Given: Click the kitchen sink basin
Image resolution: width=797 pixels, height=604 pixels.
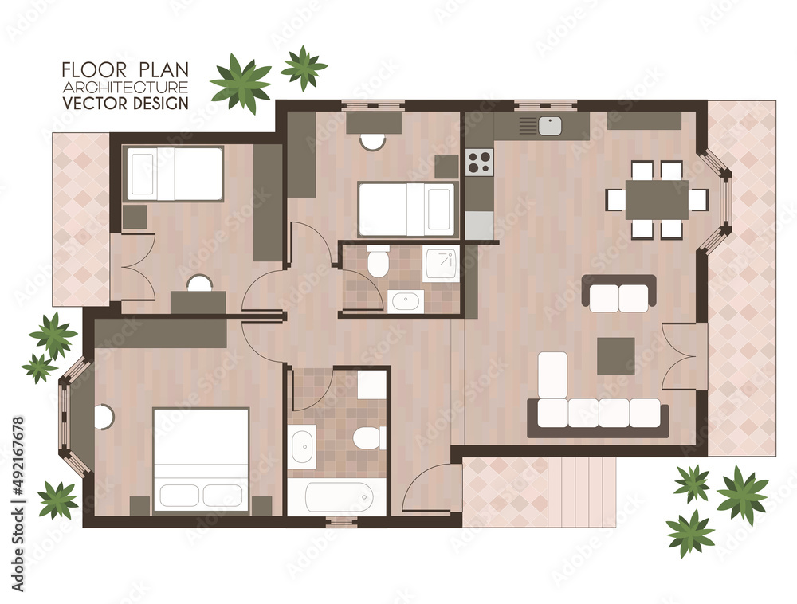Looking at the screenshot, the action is [x=550, y=126].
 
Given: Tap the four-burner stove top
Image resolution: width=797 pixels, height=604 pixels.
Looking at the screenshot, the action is [x=479, y=162].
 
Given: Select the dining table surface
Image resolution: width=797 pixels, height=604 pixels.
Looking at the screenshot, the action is [x=657, y=199].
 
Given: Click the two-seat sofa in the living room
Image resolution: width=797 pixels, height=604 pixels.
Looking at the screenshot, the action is [x=618, y=293].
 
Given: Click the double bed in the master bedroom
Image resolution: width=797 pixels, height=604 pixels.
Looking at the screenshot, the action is [x=201, y=459].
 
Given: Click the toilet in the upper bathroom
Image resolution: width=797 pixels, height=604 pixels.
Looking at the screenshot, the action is [x=378, y=261].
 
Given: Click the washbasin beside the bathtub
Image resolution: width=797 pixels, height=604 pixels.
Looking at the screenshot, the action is [x=303, y=447].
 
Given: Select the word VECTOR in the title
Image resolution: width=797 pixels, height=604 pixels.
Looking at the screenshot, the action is [x=95, y=103].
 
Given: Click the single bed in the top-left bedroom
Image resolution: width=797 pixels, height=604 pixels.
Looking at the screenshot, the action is [x=175, y=173].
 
